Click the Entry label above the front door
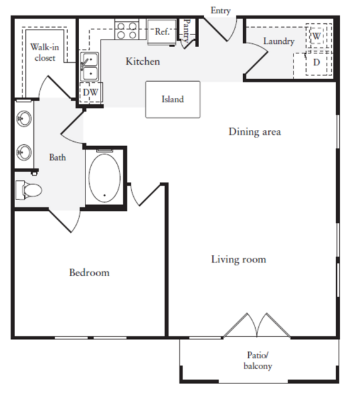point(221,11)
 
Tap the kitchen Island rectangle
point(173,100)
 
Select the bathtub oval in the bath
point(104,178)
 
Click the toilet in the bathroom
point(29,190)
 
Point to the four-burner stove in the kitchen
point(127,30)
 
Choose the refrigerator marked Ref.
point(162,32)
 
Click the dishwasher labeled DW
point(91,92)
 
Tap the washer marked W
point(317,36)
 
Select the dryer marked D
point(317,63)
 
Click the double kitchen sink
point(89,67)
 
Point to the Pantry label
point(187,31)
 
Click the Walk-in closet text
point(45,53)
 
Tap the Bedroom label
point(89,272)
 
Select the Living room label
point(239,259)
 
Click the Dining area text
point(255,132)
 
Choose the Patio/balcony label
point(258,361)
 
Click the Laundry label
point(279,41)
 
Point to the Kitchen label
point(143,61)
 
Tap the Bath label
point(57,158)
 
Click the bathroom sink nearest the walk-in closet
point(24,119)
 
